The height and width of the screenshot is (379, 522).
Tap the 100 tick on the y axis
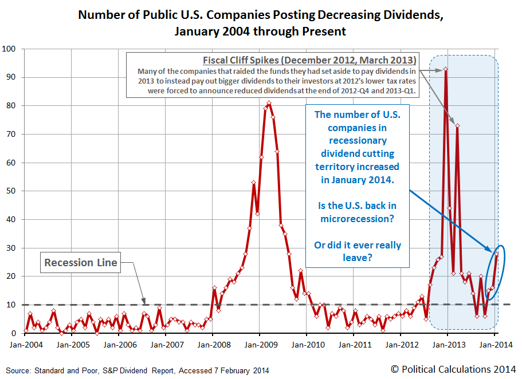pos(11,49)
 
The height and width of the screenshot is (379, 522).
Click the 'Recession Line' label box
pos(81,263)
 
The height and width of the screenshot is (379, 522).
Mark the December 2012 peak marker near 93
pos(446,69)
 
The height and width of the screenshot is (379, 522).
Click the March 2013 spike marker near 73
pos(457,126)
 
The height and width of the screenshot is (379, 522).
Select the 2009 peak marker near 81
pos(269,103)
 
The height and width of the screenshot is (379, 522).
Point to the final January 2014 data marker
pos(496,254)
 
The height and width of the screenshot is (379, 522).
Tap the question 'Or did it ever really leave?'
pos(358,252)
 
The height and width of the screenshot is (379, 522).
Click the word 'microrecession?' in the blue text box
pos(358,219)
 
